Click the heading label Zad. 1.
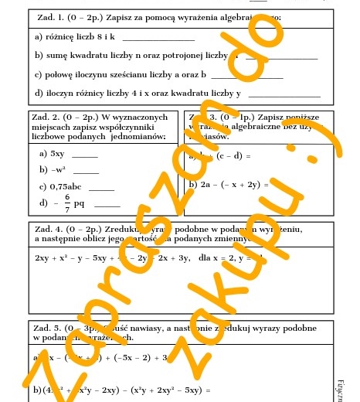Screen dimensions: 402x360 tap(52, 16)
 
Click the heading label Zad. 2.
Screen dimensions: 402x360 tap(43, 117)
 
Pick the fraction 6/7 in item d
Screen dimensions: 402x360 tap(67, 203)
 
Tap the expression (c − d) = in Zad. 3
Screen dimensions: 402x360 tap(233, 155)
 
